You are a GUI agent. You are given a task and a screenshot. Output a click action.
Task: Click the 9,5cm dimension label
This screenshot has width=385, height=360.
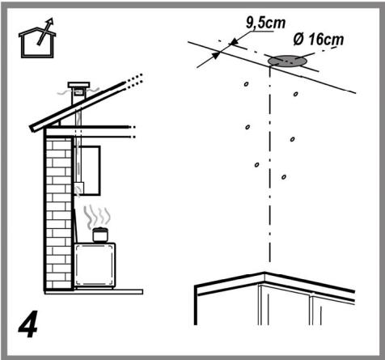point(265,23)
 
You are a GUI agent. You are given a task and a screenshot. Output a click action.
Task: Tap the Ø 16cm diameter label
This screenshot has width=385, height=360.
point(319,40)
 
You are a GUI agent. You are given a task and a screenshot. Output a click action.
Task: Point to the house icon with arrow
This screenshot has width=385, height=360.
point(37,38)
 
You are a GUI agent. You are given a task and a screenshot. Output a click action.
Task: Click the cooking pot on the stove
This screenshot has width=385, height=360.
point(100,235)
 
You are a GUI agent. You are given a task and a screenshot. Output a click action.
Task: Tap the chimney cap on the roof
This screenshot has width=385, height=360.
point(78,85)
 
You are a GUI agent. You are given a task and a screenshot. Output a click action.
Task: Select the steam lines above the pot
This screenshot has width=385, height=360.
point(97,216)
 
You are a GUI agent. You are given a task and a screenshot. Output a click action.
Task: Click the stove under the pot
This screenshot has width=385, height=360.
point(95,265)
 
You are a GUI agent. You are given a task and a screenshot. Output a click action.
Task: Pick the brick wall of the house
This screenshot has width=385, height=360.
point(59,213)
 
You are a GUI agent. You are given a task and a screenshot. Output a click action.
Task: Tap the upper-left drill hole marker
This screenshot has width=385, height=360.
point(246,84)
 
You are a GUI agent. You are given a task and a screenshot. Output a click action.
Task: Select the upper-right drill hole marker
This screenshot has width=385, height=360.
point(296,94)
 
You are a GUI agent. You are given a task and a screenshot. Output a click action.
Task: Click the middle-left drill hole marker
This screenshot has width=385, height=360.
point(247,127)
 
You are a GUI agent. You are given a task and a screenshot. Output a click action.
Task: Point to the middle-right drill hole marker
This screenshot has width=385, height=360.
point(293,139)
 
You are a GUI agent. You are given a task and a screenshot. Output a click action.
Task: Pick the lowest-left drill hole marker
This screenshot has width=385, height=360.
point(256,164)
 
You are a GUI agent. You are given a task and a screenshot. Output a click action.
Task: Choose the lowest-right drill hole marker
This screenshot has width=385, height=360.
point(284,177)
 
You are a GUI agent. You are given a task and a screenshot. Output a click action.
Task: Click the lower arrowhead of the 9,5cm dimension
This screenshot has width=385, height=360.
point(216,55)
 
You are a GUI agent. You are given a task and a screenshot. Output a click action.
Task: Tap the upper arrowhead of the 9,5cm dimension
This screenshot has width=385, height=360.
point(234,41)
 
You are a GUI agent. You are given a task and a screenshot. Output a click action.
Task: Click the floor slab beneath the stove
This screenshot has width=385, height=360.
point(94,291)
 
